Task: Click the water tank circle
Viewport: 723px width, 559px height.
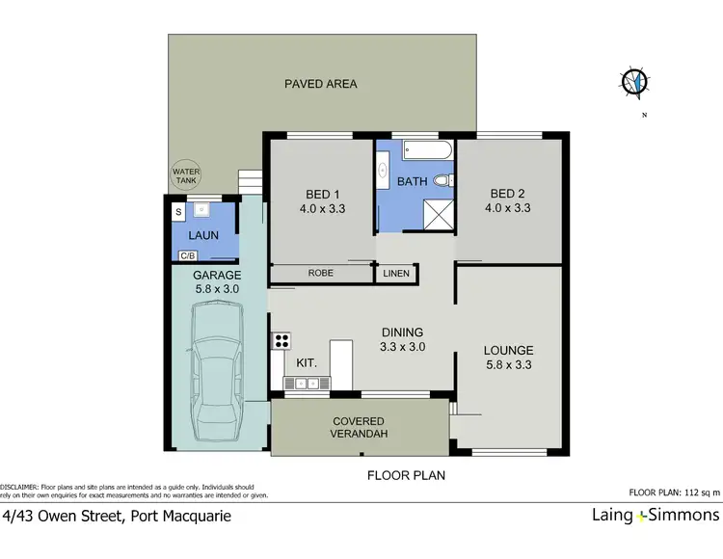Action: coord(185,176)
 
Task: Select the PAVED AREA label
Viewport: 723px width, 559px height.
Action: coord(320,84)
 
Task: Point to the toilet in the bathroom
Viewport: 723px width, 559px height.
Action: coord(442,180)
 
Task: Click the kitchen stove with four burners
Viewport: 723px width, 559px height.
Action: coord(282,339)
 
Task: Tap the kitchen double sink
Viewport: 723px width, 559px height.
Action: coord(307,384)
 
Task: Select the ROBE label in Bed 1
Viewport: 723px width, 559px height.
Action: coord(321,274)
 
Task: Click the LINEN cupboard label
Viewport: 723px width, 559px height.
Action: coord(396,274)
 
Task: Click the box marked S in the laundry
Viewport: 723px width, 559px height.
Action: coord(178,211)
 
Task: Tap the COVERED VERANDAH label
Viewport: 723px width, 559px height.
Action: coord(359,428)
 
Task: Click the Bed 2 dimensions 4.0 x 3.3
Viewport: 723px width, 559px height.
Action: coord(510,207)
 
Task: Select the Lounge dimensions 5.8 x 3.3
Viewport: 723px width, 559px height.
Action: coord(509,364)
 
